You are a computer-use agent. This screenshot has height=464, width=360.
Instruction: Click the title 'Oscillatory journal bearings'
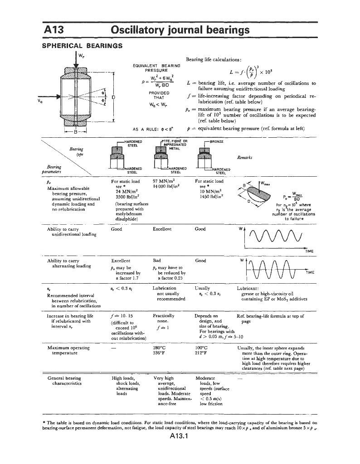pyautogui.click(x=180, y=30)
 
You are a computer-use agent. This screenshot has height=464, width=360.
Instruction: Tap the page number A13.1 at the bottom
pyautogui.click(x=180, y=437)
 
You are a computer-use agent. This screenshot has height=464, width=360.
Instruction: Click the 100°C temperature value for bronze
pyautogui.click(x=202, y=348)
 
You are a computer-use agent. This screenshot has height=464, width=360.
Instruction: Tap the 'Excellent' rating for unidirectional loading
pyautogui.click(x=163, y=229)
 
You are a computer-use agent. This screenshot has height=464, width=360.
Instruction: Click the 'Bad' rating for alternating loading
pyautogui.click(x=158, y=261)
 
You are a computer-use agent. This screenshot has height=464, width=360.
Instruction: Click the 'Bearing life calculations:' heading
pyautogui.click(x=213, y=60)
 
